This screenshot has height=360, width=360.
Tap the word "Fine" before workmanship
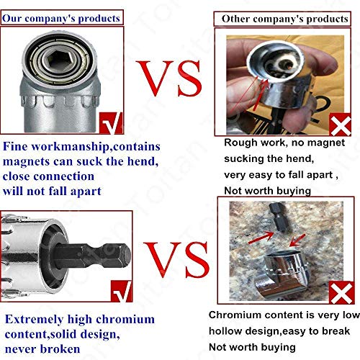click(17, 147)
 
